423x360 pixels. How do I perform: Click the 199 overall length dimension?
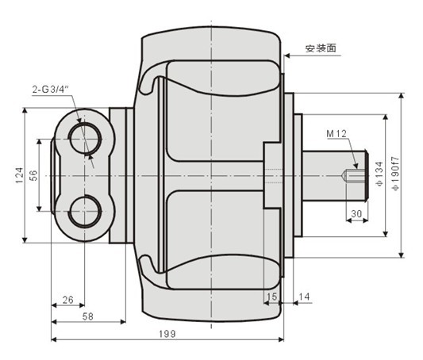[167, 334]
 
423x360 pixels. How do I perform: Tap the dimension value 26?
[67, 299]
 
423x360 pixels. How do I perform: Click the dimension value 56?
[33, 175]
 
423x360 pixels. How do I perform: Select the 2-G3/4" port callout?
[50, 90]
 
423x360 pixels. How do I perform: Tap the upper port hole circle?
[84, 138]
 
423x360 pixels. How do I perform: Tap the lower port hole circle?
[84, 211]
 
